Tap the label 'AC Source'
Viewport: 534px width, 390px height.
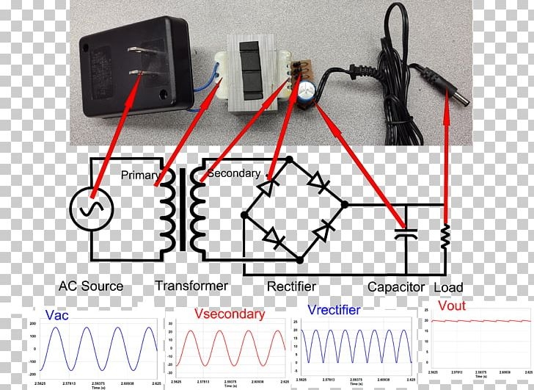(x=90, y=286)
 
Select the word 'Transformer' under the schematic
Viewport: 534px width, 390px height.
(x=191, y=285)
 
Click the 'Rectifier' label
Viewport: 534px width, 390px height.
(x=291, y=286)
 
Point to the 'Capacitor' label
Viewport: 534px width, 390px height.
(x=396, y=286)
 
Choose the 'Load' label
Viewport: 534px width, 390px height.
(x=448, y=287)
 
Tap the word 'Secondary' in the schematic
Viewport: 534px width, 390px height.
(x=233, y=173)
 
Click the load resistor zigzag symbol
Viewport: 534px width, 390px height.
(x=444, y=237)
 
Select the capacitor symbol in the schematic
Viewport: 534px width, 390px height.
(x=405, y=234)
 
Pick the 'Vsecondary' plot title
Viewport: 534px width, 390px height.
(x=230, y=314)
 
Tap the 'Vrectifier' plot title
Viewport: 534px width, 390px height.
(x=334, y=310)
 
